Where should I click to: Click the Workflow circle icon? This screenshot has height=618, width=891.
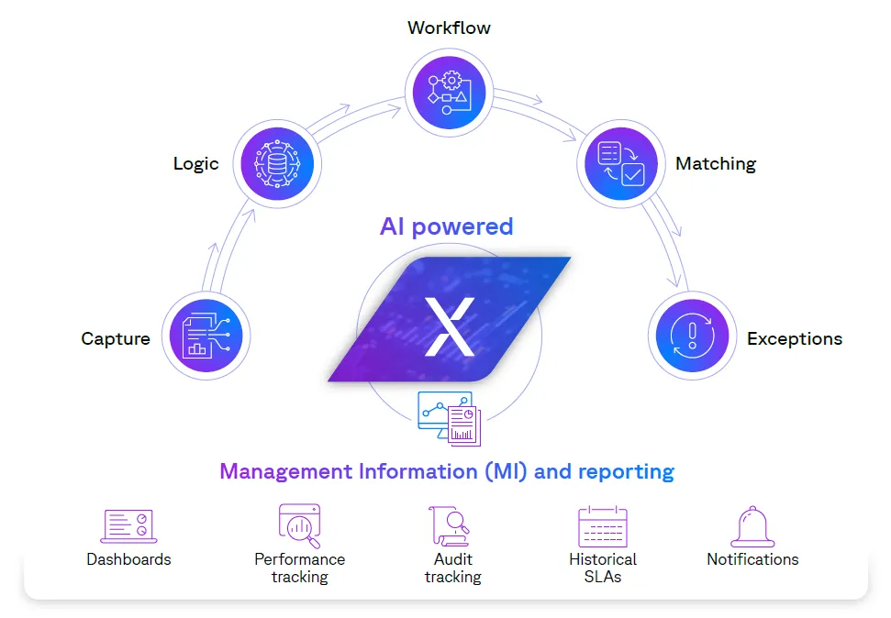click(x=449, y=91)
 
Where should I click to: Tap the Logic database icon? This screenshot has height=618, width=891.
click(x=277, y=165)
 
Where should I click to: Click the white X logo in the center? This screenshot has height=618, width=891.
click(x=450, y=326)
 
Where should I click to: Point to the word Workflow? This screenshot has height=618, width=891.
click(x=449, y=28)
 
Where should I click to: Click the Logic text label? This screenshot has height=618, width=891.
click(x=195, y=164)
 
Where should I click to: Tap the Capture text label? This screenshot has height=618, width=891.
click(x=116, y=339)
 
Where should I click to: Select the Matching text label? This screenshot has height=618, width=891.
click(x=716, y=164)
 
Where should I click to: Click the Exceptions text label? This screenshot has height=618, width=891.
click(x=795, y=339)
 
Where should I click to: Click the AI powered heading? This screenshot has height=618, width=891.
click(x=447, y=226)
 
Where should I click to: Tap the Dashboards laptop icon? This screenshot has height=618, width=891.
click(x=128, y=526)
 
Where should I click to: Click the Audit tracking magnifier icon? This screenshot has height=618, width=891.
click(x=451, y=526)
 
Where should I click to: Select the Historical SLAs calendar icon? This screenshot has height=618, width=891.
click(x=603, y=527)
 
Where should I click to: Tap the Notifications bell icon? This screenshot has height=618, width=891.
click(x=752, y=528)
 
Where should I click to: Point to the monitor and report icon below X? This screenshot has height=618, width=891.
click(x=450, y=418)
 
